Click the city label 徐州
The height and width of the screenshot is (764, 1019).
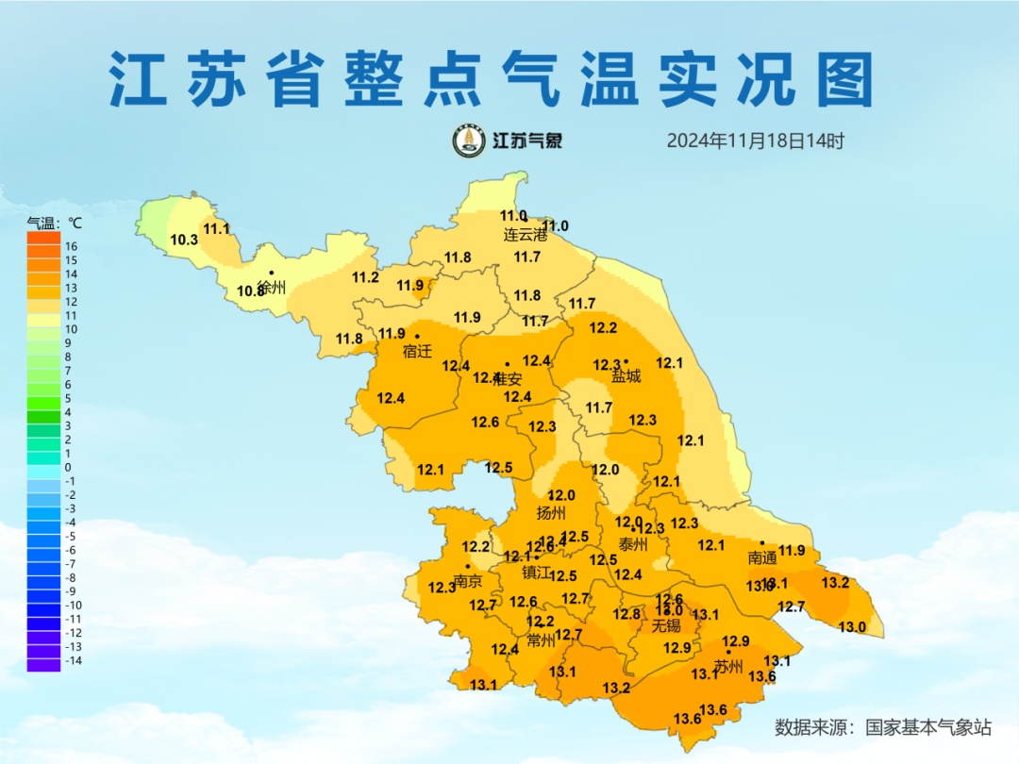click(x=272, y=288)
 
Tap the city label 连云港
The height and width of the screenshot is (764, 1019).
click(x=525, y=235)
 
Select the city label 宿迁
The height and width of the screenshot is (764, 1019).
click(x=417, y=352)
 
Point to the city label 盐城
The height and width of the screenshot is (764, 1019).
click(x=626, y=376)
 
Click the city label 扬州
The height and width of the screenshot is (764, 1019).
click(x=551, y=513)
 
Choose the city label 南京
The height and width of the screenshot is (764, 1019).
click(x=468, y=580)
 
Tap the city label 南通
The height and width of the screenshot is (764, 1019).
click(x=762, y=557)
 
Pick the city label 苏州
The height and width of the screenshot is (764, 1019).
click(x=728, y=666)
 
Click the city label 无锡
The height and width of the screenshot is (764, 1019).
click(x=666, y=625)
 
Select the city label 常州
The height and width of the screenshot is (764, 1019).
click(x=542, y=640)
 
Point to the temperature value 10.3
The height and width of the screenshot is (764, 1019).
click(x=184, y=240)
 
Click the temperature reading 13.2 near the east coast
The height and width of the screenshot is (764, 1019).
click(x=835, y=582)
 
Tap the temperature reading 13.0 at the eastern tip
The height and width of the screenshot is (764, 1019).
click(x=852, y=627)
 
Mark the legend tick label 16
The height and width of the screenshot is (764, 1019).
click(x=71, y=246)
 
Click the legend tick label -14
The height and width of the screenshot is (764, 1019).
click(x=73, y=660)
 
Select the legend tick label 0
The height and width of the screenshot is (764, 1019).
click(x=68, y=467)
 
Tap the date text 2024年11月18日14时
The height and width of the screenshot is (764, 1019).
click(x=755, y=141)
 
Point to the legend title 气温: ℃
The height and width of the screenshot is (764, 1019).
click(x=54, y=224)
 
